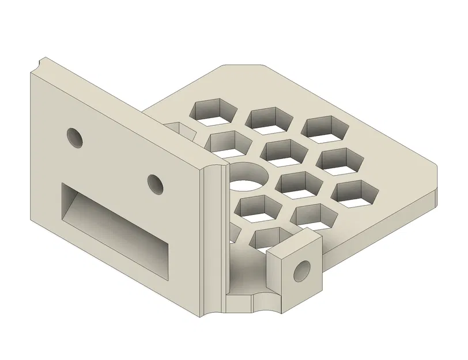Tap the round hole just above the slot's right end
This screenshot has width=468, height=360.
coord(154,183)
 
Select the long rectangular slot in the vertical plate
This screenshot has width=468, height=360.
coord(115,230)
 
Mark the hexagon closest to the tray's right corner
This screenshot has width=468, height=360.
coord(357,194)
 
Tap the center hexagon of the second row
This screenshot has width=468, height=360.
coord(283,151)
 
